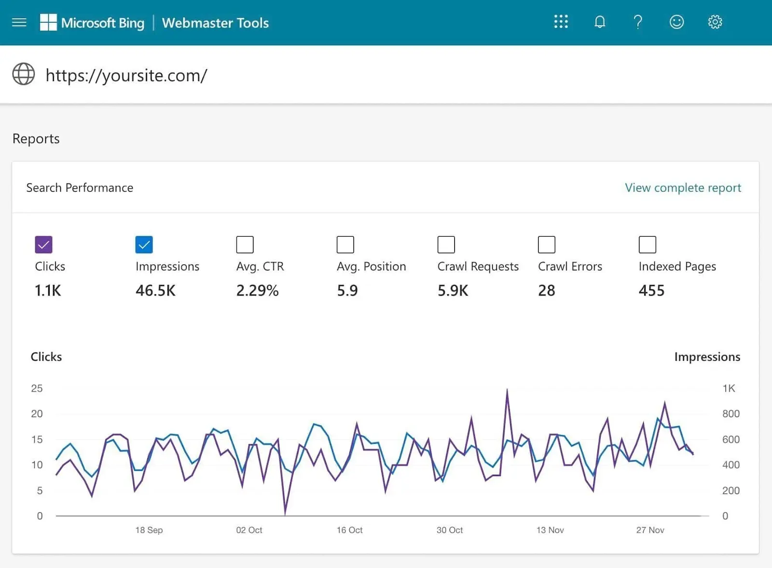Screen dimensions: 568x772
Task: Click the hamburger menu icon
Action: pyautogui.click(x=19, y=22)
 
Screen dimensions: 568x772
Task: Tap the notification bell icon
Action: pyautogui.click(x=599, y=22)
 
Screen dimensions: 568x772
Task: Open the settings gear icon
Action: pyautogui.click(x=715, y=22)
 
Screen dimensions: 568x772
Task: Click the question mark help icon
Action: pyautogui.click(x=637, y=22)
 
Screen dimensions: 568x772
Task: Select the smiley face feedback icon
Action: pyautogui.click(x=676, y=22)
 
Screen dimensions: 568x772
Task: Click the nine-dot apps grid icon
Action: pyautogui.click(x=561, y=22)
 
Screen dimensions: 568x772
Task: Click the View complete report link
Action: pyautogui.click(x=682, y=187)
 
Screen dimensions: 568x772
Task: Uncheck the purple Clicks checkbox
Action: pyautogui.click(x=43, y=244)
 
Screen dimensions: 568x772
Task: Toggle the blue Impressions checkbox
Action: pyautogui.click(x=144, y=244)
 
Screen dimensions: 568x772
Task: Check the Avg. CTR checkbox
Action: pyautogui.click(x=245, y=244)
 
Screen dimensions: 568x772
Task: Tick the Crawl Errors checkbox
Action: pyautogui.click(x=546, y=244)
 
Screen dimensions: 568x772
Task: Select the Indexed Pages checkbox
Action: pyautogui.click(x=647, y=244)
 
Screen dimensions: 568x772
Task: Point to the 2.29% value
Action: pyautogui.click(x=257, y=290)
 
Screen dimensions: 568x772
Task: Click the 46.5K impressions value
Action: pyautogui.click(x=155, y=290)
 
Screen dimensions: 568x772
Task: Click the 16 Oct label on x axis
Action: pyautogui.click(x=349, y=530)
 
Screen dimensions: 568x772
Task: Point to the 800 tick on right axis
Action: pyautogui.click(x=731, y=414)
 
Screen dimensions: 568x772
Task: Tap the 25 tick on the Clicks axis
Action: pyautogui.click(x=37, y=388)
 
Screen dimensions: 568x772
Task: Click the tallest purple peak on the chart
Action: pyautogui.click(x=507, y=390)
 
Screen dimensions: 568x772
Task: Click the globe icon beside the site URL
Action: pyautogui.click(x=24, y=74)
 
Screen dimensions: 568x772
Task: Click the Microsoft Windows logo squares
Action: pyautogui.click(x=48, y=22)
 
